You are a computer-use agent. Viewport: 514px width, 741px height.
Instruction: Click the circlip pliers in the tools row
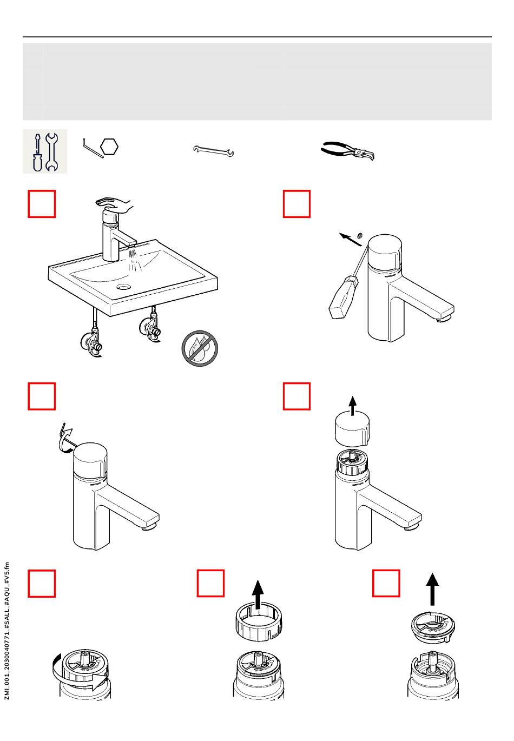tap(347, 151)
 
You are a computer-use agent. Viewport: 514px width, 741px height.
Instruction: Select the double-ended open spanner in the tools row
tap(214, 150)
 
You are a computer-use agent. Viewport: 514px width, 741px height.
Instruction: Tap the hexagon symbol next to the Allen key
tap(109, 147)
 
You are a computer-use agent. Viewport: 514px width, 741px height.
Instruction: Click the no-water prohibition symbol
tap(200, 348)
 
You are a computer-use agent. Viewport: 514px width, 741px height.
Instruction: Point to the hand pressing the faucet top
tap(115, 205)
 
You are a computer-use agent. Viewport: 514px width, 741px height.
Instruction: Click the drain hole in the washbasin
tap(124, 287)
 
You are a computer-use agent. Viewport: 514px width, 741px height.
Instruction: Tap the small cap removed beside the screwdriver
tap(360, 235)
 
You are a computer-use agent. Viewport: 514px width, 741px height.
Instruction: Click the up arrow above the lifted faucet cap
tap(353, 406)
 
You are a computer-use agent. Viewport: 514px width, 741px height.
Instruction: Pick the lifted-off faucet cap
tap(352, 430)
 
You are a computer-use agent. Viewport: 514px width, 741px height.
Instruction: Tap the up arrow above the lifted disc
tap(432, 589)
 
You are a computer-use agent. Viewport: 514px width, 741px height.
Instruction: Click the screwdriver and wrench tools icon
tap(45, 151)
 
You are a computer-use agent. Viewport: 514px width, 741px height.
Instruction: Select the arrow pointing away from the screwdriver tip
tap(351, 240)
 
